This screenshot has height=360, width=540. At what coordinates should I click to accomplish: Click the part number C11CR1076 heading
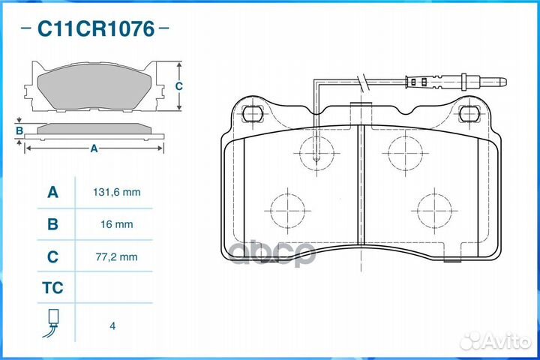[x=96, y=28]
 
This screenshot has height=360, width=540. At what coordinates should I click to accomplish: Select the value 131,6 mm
[x=117, y=192]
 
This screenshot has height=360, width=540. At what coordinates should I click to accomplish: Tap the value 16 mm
[x=117, y=224]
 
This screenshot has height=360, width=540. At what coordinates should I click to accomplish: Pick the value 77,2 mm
[x=117, y=256]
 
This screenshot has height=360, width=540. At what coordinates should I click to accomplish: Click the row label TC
[x=52, y=288]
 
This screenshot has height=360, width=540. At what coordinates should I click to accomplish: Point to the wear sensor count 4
[x=112, y=326]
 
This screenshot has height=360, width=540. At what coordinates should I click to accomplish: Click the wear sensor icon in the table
[x=51, y=323]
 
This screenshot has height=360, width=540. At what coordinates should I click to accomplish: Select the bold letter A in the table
[x=52, y=192]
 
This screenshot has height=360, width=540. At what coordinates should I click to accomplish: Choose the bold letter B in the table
[x=52, y=224]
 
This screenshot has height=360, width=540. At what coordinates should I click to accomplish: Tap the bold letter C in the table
[x=52, y=256]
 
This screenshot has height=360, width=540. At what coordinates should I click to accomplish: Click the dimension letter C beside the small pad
[x=178, y=86]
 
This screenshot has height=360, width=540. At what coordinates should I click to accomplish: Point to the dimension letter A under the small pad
[x=94, y=148]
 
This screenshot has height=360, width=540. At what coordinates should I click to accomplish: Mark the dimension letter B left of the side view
[x=19, y=131]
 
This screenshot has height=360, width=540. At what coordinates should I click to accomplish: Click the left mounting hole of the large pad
[x=253, y=113]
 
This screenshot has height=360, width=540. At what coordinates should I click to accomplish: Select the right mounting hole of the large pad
[x=469, y=113]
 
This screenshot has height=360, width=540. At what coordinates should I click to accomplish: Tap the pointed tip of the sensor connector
[x=506, y=82]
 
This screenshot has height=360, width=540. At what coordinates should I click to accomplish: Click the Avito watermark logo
[x=495, y=340]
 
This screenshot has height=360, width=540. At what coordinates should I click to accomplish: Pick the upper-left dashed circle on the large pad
[x=316, y=153]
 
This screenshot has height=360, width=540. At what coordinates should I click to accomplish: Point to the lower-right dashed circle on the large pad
[x=434, y=211]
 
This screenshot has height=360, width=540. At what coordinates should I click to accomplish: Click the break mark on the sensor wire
[x=363, y=82]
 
